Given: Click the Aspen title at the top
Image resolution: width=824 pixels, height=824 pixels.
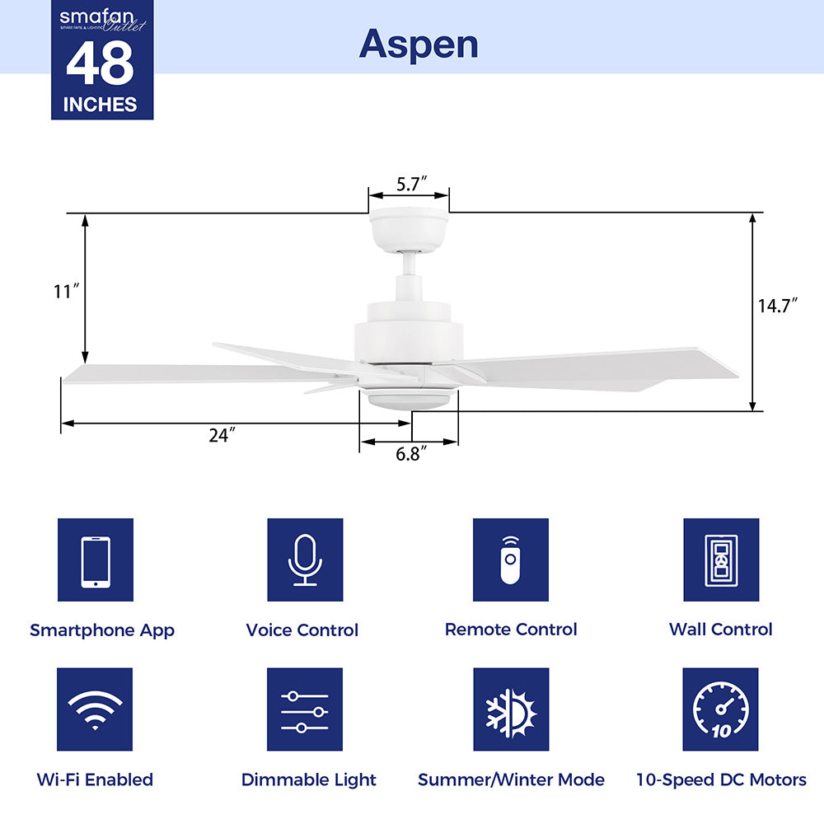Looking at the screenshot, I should pos(418,44).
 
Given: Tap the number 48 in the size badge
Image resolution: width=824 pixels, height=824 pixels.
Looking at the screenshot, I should pos(100,64).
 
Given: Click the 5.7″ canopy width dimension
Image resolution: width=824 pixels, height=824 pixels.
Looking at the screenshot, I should pos(410,185).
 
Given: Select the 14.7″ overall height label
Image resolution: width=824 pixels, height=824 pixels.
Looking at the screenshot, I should pos(779,306).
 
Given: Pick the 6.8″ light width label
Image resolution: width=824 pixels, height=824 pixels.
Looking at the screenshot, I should pos(410,454).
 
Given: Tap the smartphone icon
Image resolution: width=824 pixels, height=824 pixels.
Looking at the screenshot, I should pos(96,560).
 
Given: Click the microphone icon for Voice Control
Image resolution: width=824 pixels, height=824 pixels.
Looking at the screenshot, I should pos(305,560).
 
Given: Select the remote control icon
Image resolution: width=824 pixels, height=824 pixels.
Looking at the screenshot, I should pos(511,560).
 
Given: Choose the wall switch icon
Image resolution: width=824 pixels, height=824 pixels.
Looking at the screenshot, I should pos(721,560).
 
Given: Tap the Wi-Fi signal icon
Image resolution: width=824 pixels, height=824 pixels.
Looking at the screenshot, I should pos(96,709).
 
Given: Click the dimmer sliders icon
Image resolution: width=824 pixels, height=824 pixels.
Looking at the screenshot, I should pos(305,709).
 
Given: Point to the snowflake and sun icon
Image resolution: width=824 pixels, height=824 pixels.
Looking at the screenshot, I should pos(511,709).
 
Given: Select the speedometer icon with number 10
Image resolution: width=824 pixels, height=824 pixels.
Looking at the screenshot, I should pos(721,709).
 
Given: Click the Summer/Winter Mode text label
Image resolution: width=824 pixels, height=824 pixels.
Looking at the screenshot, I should pos(511,780).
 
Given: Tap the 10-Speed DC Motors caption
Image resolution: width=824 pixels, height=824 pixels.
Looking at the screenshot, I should pos(721,780).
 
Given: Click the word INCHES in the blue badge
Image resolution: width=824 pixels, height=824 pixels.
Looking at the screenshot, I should pos(100,105).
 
